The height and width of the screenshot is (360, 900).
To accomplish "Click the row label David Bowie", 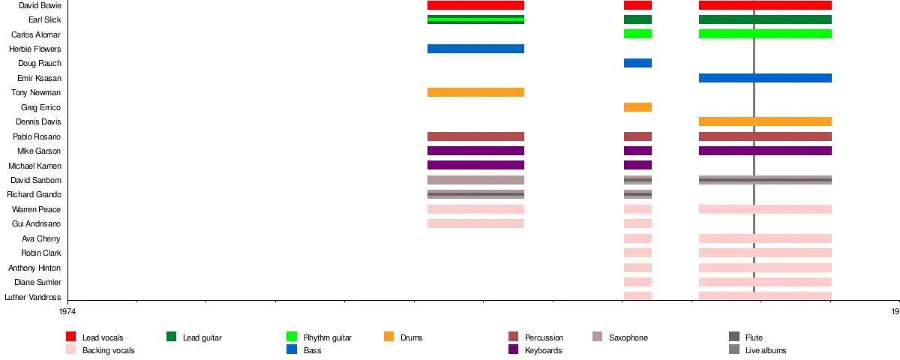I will pos(40,5).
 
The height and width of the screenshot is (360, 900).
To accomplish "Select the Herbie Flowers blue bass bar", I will pos(475,49).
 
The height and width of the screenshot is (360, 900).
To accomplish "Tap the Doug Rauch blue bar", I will pos(637,63).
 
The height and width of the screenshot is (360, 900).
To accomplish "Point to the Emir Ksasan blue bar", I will pos(765,78).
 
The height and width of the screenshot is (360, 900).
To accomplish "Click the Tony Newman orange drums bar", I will pos(475,92).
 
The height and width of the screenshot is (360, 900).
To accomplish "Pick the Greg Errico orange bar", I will pos(637,107).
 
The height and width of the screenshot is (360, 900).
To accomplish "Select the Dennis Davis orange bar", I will pos(765,121).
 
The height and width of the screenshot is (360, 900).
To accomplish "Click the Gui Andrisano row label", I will pos(37,224).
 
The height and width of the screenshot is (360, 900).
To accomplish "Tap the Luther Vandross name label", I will pos(33,297).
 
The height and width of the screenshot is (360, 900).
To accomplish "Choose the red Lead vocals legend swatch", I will pos(71,337).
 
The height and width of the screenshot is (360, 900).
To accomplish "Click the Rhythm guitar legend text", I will pos(328,338).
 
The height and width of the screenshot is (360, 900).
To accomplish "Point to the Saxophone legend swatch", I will pos(598,337).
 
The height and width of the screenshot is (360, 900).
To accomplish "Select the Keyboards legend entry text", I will pos(544,350).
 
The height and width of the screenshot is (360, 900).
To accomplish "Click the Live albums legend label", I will pos(766,350).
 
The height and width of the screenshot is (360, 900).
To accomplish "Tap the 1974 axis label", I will pos(67,311).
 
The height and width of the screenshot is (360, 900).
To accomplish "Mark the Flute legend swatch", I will pos(734,337).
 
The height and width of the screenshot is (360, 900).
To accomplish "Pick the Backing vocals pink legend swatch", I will pos(71,349).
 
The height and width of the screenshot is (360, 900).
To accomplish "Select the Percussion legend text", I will pos(544,338).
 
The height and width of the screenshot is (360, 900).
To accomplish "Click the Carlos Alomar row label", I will pos(36,34).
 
